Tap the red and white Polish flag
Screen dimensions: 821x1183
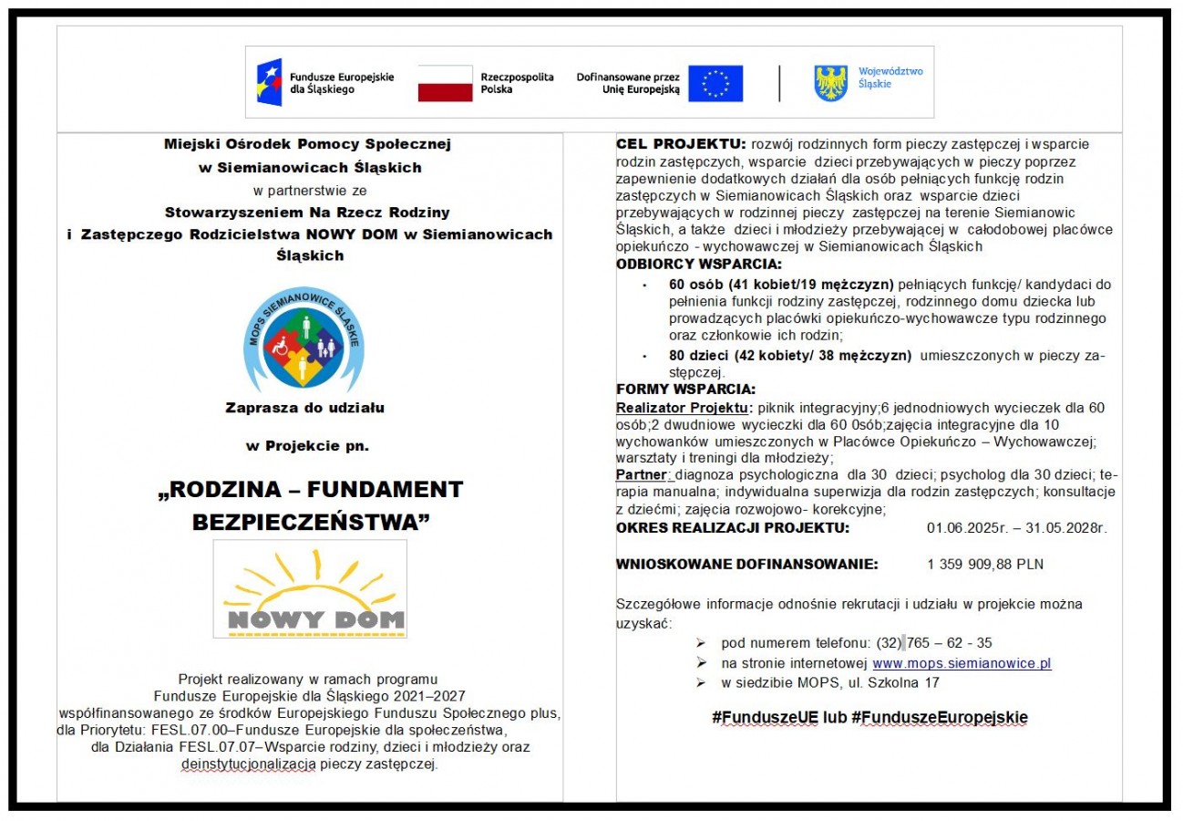tap(445, 83)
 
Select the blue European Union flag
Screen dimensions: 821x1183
tap(715, 83)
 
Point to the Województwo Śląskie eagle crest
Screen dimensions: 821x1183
tap(830, 83)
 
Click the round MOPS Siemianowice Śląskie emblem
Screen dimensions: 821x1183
tap(303, 338)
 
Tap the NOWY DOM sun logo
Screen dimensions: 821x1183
tap(310, 589)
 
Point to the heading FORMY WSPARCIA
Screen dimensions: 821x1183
tap(685, 389)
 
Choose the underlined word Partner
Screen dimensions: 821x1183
tap(643, 475)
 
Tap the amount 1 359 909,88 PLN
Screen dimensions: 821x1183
tap(985, 565)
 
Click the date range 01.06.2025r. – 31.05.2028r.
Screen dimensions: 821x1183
tap(1017, 527)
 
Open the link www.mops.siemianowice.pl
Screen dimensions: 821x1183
tap(962, 663)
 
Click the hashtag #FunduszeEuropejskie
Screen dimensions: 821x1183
tap(940, 718)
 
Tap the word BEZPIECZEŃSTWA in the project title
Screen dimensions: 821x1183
tap(310, 522)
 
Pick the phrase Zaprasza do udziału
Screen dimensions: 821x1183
tap(304, 408)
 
